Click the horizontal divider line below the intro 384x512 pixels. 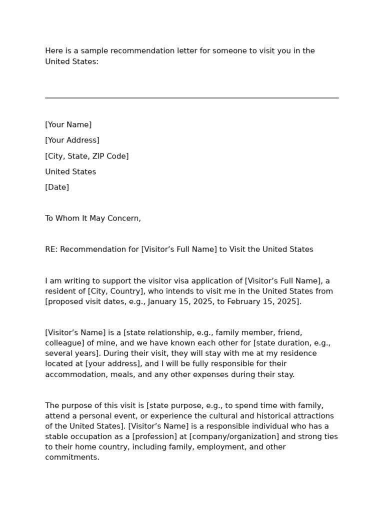coord(191,98)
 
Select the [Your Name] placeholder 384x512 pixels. coord(68,125)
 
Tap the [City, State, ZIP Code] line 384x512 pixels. coord(87,156)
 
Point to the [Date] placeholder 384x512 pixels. coord(57,187)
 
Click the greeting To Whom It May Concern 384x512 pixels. coord(93,218)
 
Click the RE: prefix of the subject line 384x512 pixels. coord(51,249)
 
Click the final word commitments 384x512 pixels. coord(71,457)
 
